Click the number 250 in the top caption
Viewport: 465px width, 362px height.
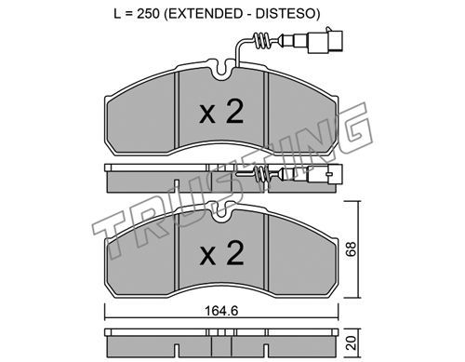coord(148,14)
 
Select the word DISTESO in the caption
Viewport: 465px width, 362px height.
coord(286,14)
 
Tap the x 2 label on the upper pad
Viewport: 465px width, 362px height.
coord(221,113)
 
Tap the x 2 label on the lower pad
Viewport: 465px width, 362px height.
coord(221,253)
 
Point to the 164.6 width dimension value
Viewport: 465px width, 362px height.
coord(221,311)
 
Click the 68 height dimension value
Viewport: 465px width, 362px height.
coord(352,249)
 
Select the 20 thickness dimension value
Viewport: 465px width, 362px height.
coord(352,342)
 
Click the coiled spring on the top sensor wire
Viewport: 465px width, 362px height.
coord(261,41)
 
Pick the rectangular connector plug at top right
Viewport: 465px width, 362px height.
coord(325,41)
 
